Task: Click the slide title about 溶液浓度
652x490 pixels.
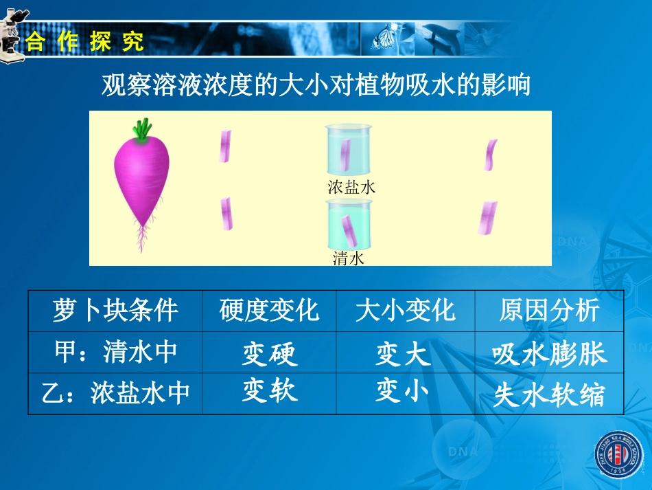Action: tap(316, 87)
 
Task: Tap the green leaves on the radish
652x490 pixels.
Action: tap(143, 129)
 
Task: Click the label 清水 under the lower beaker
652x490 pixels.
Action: tap(348, 259)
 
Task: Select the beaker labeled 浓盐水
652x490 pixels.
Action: tap(349, 149)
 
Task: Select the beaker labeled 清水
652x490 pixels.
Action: tap(349, 225)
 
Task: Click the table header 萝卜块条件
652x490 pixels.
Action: tap(115, 311)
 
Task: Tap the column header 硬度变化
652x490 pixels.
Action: tap(269, 311)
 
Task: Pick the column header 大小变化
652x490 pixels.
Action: tap(405, 311)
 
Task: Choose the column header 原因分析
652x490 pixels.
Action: tap(549, 311)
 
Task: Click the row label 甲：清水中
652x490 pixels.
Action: tap(115, 352)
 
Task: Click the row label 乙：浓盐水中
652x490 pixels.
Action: tap(115, 393)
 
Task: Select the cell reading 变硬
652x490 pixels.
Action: tap(269, 354)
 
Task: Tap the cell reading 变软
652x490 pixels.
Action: tap(269, 391)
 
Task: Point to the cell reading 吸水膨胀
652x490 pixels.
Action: tap(549, 354)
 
